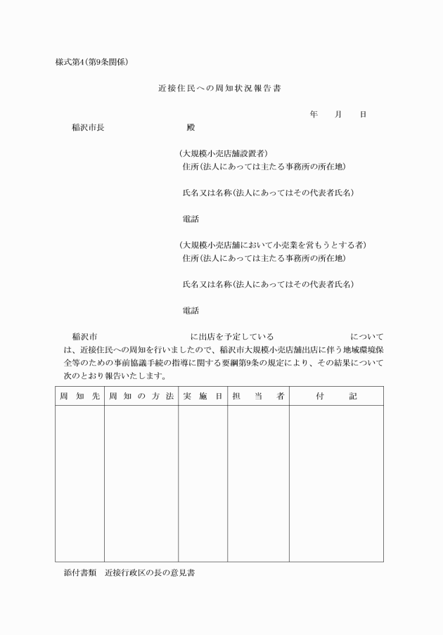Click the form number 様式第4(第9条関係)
click(x=91, y=61)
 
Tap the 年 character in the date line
click(x=313, y=114)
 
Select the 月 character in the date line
click(x=338, y=114)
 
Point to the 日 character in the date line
click(x=363, y=114)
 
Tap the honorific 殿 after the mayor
click(x=190, y=127)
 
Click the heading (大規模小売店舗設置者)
click(x=223, y=153)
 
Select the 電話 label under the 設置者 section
click(x=191, y=219)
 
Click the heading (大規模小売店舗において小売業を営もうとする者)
click(x=273, y=245)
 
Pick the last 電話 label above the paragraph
click(x=191, y=310)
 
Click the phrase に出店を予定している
click(x=232, y=336)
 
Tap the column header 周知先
click(x=79, y=397)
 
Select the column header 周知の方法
click(x=141, y=397)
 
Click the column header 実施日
click(x=203, y=397)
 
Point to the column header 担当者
click(x=258, y=397)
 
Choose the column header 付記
click(x=336, y=397)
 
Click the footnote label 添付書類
click(x=79, y=573)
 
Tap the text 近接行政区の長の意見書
click(x=150, y=573)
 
